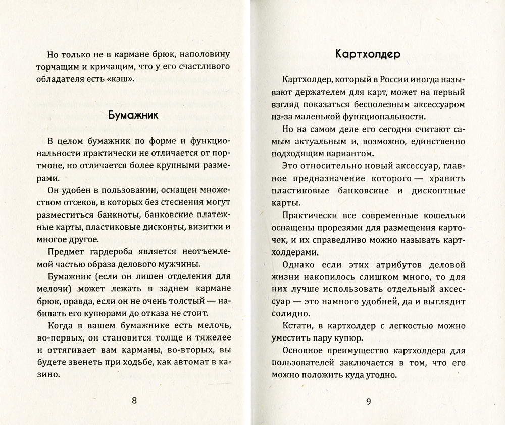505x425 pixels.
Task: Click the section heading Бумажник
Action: pyautogui.click(x=133, y=115)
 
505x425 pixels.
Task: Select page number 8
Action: pyautogui.click(x=134, y=401)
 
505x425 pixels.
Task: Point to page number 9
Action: pyautogui.click(x=368, y=402)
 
